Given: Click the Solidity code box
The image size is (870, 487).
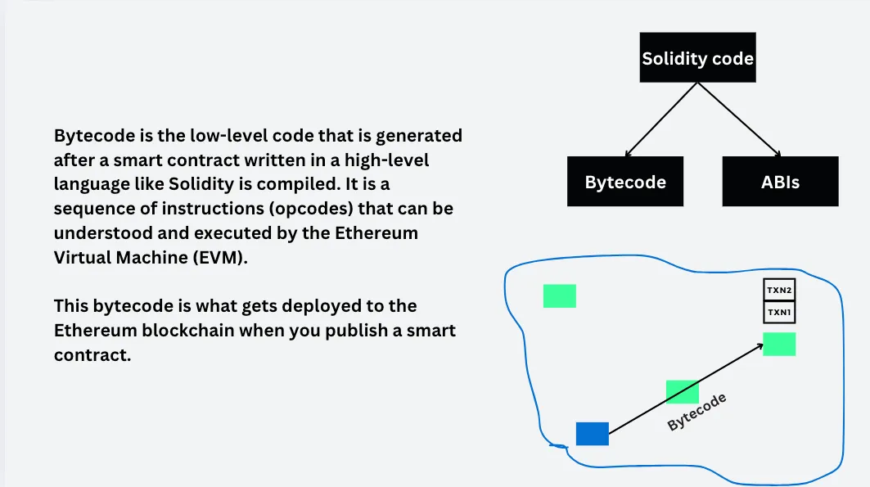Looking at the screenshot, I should coord(697,58).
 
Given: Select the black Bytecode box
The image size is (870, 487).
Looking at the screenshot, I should coord(624,182).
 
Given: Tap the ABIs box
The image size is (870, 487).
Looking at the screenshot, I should coord(780,182).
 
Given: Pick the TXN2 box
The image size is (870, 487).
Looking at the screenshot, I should coord(779,290).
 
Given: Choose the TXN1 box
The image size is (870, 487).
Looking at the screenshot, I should coord(779,313).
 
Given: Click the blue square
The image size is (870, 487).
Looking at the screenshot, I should coord(592,434).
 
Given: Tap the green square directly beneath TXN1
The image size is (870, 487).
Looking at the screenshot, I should coord(779,344).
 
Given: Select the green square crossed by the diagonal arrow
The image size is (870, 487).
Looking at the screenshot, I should coord(682,392).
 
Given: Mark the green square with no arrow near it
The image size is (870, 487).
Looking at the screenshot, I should coord(559,295).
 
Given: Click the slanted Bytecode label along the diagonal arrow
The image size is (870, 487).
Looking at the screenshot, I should coord(696,413).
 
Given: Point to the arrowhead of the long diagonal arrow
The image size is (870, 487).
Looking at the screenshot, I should coord(760,346).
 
